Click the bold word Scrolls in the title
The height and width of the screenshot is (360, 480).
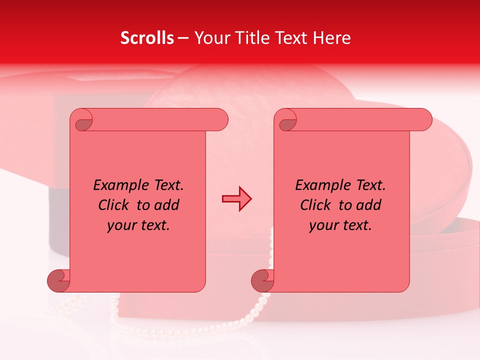[x=147, y=38]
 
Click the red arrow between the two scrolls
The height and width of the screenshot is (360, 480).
[x=236, y=199]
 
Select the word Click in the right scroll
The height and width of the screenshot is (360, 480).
[x=315, y=205]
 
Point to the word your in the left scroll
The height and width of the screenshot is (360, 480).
[x=121, y=225]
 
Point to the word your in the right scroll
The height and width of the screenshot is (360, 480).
[x=323, y=225]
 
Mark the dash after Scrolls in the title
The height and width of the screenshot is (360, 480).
[x=183, y=38]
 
